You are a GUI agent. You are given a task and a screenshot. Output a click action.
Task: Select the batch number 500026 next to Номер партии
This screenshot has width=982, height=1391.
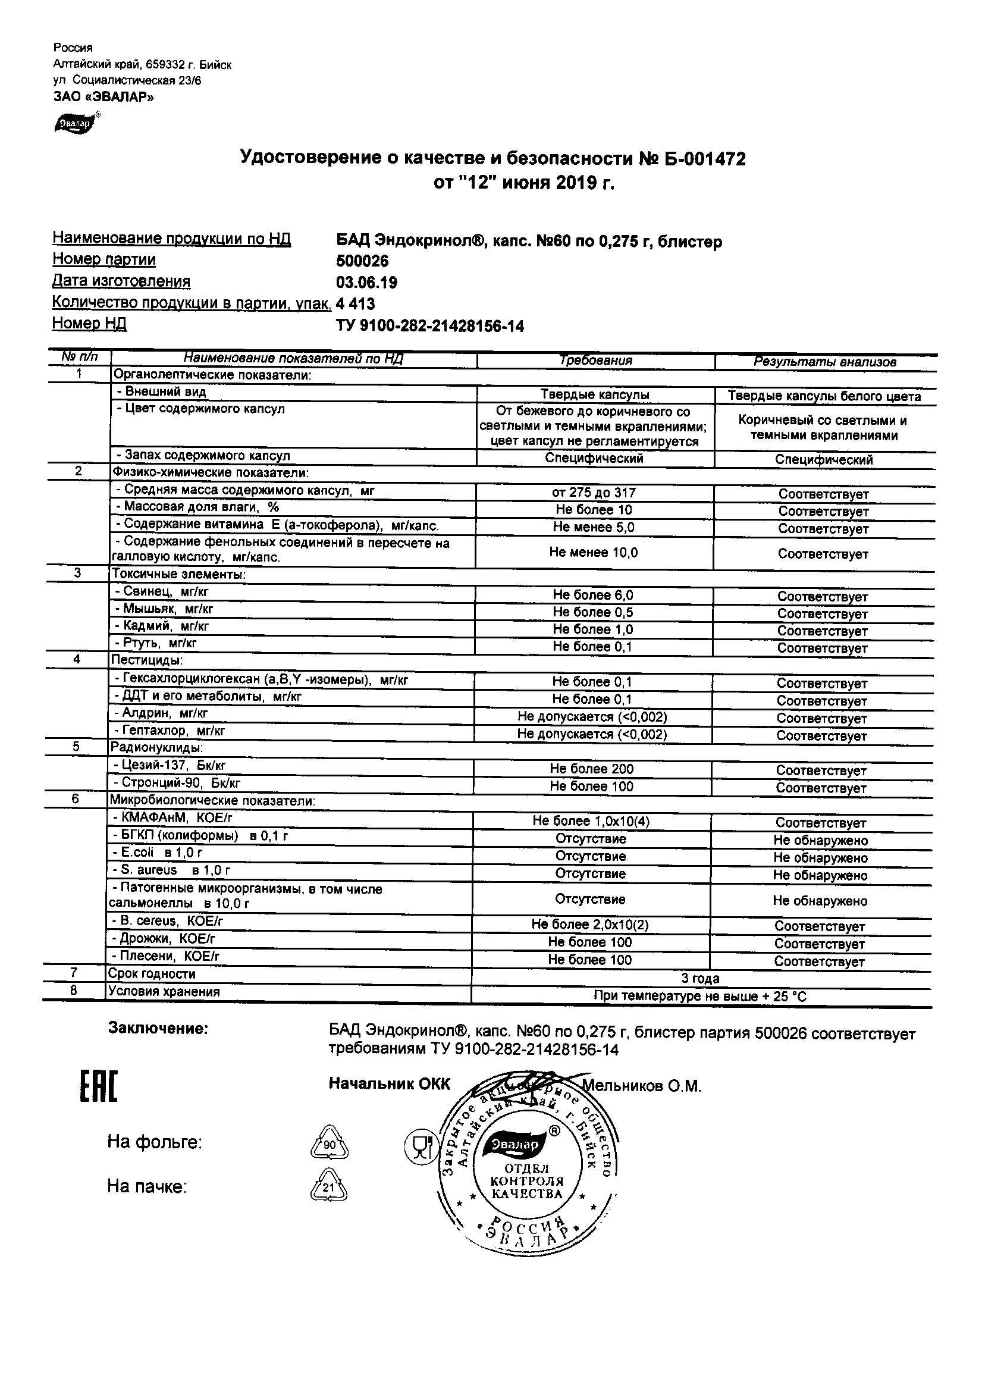click(x=362, y=261)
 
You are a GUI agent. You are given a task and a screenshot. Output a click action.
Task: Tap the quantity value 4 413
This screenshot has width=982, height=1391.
click(x=356, y=303)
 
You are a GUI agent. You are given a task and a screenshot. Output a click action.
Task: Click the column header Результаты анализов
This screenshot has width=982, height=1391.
click(x=824, y=362)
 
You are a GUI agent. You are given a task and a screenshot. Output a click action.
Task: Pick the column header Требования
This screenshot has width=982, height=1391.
click(x=596, y=361)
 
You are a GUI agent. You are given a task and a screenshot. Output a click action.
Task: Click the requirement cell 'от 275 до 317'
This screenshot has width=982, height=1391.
click(x=594, y=493)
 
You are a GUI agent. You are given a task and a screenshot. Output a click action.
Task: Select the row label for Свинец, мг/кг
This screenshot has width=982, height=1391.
click(x=161, y=592)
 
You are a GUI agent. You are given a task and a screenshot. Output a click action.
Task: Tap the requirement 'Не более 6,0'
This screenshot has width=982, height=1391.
click(x=592, y=596)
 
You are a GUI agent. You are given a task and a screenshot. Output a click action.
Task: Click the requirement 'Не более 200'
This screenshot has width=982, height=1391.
click(x=591, y=769)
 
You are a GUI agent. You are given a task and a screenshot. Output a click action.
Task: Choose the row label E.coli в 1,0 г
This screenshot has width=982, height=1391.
click(x=158, y=853)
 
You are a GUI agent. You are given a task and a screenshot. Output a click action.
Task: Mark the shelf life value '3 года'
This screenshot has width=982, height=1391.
click(x=700, y=978)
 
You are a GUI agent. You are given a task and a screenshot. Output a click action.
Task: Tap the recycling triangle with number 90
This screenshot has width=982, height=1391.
click(x=329, y=1145)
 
